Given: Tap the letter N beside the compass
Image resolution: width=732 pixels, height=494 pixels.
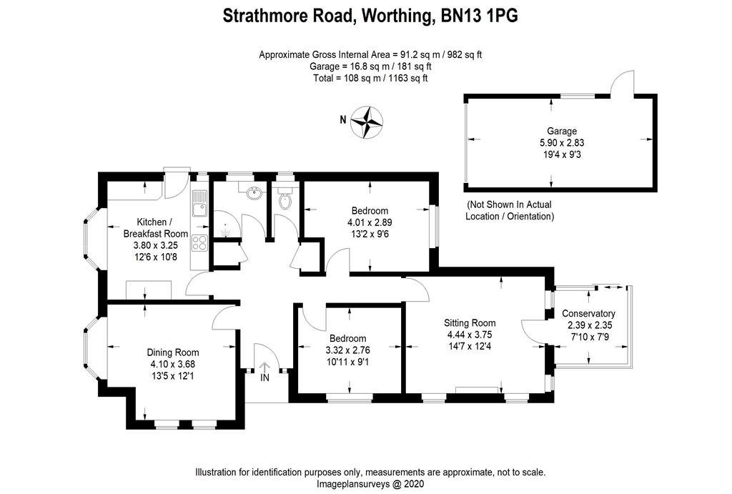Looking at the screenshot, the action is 343,120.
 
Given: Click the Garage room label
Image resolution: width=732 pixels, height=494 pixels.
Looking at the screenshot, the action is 562,132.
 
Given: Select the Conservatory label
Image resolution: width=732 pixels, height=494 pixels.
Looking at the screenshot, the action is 588,314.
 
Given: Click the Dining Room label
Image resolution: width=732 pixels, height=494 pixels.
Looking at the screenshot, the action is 173,352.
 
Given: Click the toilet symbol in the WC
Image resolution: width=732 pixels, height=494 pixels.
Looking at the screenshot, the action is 285,199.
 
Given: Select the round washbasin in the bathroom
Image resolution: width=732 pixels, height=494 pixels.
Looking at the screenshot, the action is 252,193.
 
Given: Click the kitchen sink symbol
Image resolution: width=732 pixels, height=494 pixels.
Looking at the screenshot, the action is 199,202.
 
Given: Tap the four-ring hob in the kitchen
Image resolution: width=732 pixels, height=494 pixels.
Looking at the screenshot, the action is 199,243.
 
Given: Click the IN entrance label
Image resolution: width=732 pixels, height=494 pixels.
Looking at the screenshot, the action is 264,377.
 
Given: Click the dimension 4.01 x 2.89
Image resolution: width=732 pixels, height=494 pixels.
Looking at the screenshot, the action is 370,222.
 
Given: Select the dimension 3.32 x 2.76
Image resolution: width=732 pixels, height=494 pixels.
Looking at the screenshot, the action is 347,350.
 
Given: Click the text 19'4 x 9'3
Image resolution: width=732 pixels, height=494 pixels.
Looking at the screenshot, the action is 562,154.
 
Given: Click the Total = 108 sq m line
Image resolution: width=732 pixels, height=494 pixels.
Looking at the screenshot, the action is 370,78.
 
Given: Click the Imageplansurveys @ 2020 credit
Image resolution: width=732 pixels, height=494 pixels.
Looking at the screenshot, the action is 370,484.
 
